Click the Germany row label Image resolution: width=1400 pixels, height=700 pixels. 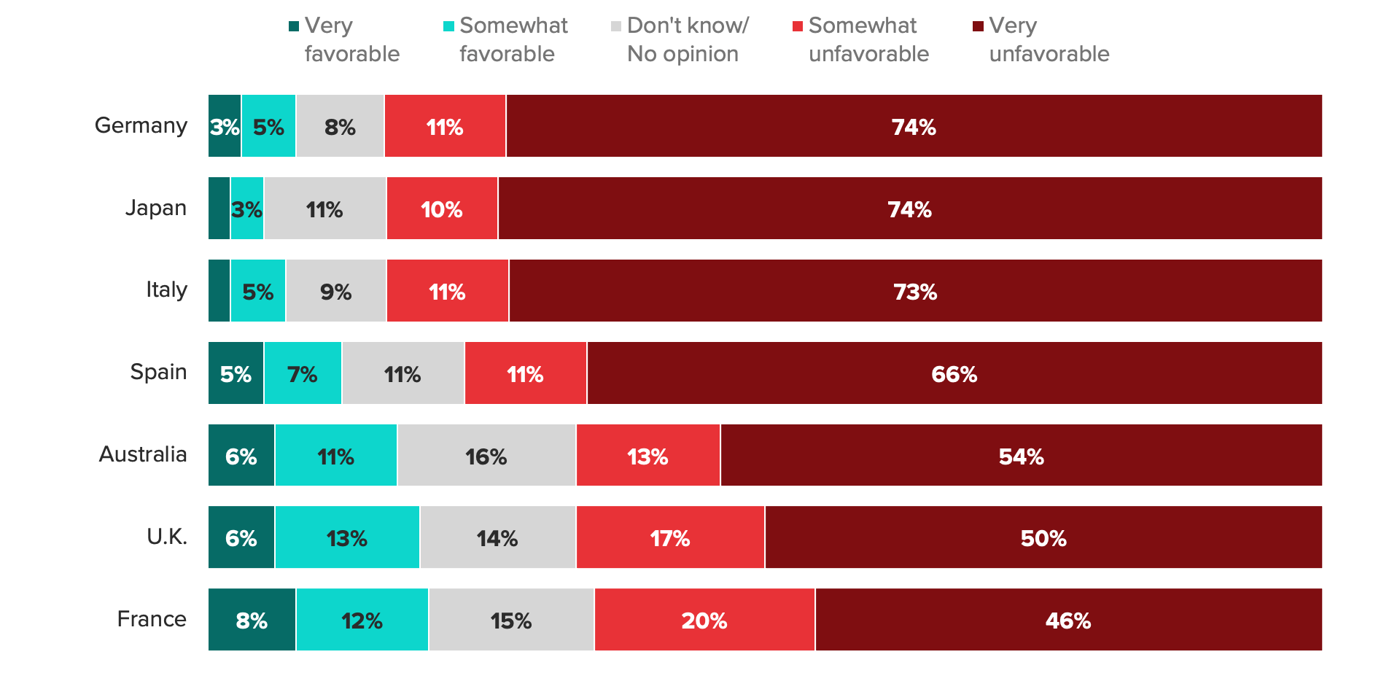point(141,125)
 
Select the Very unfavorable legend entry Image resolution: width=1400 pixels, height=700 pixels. point(1041,39)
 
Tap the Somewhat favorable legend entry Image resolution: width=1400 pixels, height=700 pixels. point(505,39)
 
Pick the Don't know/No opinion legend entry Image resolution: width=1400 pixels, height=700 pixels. point(680,39)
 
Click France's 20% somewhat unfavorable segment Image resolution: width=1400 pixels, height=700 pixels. point(704,620)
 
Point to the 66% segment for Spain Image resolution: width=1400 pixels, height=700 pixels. point(954,373)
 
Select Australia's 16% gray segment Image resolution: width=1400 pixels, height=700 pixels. point(486,456)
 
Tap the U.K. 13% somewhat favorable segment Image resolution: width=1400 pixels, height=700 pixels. point(347,537)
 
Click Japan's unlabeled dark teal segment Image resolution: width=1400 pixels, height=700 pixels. point(219,209)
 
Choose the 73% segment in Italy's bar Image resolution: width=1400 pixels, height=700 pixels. point(915,291)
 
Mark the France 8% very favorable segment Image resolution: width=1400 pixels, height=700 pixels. point(252,620)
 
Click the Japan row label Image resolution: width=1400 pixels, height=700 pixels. point(155,208)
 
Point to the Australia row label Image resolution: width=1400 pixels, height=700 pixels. point(143,454)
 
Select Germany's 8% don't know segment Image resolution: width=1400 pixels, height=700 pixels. point(340,126)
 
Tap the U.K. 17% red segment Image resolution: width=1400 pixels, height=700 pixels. point(670,537)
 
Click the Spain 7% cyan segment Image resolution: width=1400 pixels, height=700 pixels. point(303,373)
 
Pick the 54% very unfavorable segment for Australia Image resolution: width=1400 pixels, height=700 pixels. point(1021,456)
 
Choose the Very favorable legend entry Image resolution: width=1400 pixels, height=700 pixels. point(344,39)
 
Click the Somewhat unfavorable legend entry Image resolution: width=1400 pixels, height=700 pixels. point(860,39)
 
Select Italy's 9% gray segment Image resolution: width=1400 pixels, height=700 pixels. point(335,291)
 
